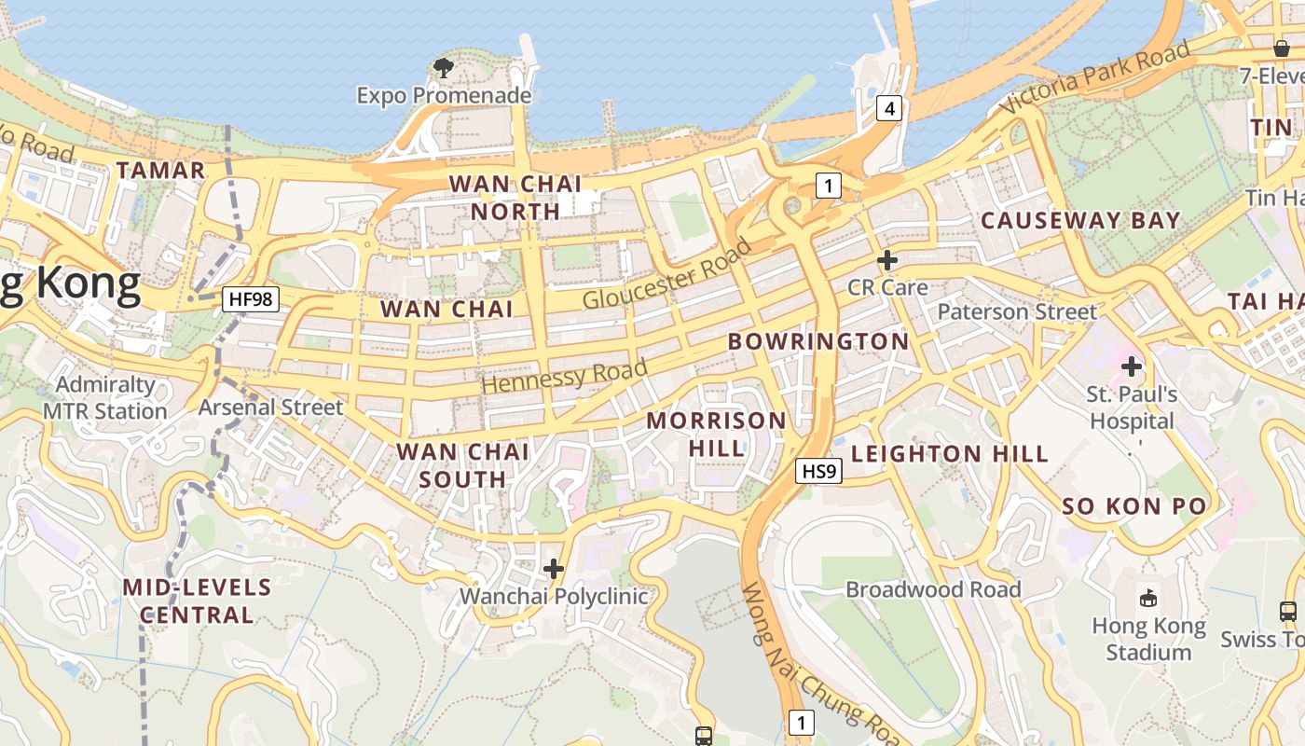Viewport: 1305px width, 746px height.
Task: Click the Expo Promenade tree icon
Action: tap(444, 67)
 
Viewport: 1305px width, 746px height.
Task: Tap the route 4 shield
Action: tap(889, 109)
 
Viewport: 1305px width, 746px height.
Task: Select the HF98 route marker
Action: tap(252, 299)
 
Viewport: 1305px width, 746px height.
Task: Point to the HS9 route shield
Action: tap(819, 472)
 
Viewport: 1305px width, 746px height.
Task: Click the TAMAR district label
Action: tap(160, 170)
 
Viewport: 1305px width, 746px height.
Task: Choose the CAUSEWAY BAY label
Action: tap(1080, 221)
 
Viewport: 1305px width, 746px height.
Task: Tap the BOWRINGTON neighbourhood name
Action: tap(818, 341)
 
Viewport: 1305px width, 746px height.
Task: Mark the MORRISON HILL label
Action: tap(717, 434)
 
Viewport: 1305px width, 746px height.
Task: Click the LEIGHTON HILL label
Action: tap(950, 454)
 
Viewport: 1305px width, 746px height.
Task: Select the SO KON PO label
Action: tap(1134, 506)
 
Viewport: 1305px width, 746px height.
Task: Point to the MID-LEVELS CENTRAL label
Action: tap(197, 601)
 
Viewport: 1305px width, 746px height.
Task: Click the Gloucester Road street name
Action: tap(666, 274)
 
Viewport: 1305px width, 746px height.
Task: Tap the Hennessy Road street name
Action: tap(564, 376)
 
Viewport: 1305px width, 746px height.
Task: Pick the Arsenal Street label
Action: tap(270, 408)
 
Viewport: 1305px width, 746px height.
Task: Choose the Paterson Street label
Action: tap(1017, 311)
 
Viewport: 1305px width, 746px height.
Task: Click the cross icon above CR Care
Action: tap(887, 260)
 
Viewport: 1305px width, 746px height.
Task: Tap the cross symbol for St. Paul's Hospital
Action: tap(1132, 366)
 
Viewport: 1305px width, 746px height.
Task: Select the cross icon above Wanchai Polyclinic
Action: tap(554, 568)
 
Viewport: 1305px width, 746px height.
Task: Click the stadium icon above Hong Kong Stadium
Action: tap(1148, 599)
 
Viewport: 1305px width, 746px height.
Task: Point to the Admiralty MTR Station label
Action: tap(104, 398)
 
